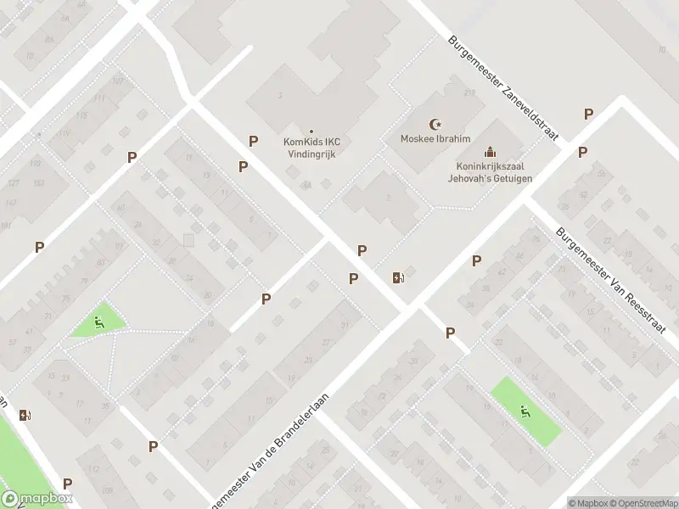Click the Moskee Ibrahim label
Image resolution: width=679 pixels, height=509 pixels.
(x=435, y=139)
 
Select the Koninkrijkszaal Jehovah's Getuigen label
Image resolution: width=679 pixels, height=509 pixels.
(x=488, y=173)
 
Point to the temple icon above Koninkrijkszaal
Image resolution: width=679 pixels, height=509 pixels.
(x=489, y=153)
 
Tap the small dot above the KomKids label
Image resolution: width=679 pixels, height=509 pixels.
(x=311, y=131)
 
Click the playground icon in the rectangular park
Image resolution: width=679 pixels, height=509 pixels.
(x=526, y=412)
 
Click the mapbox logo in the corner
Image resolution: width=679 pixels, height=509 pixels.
(x=36, y=499)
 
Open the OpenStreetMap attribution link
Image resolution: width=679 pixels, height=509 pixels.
(x=643, y=502)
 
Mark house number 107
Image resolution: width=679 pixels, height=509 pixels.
(x=117, y=81)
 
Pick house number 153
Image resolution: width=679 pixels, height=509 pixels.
(x=37, y=183)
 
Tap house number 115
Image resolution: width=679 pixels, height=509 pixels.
(x=81, y=115)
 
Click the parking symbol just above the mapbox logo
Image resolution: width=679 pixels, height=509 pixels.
(x=67, y=484)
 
